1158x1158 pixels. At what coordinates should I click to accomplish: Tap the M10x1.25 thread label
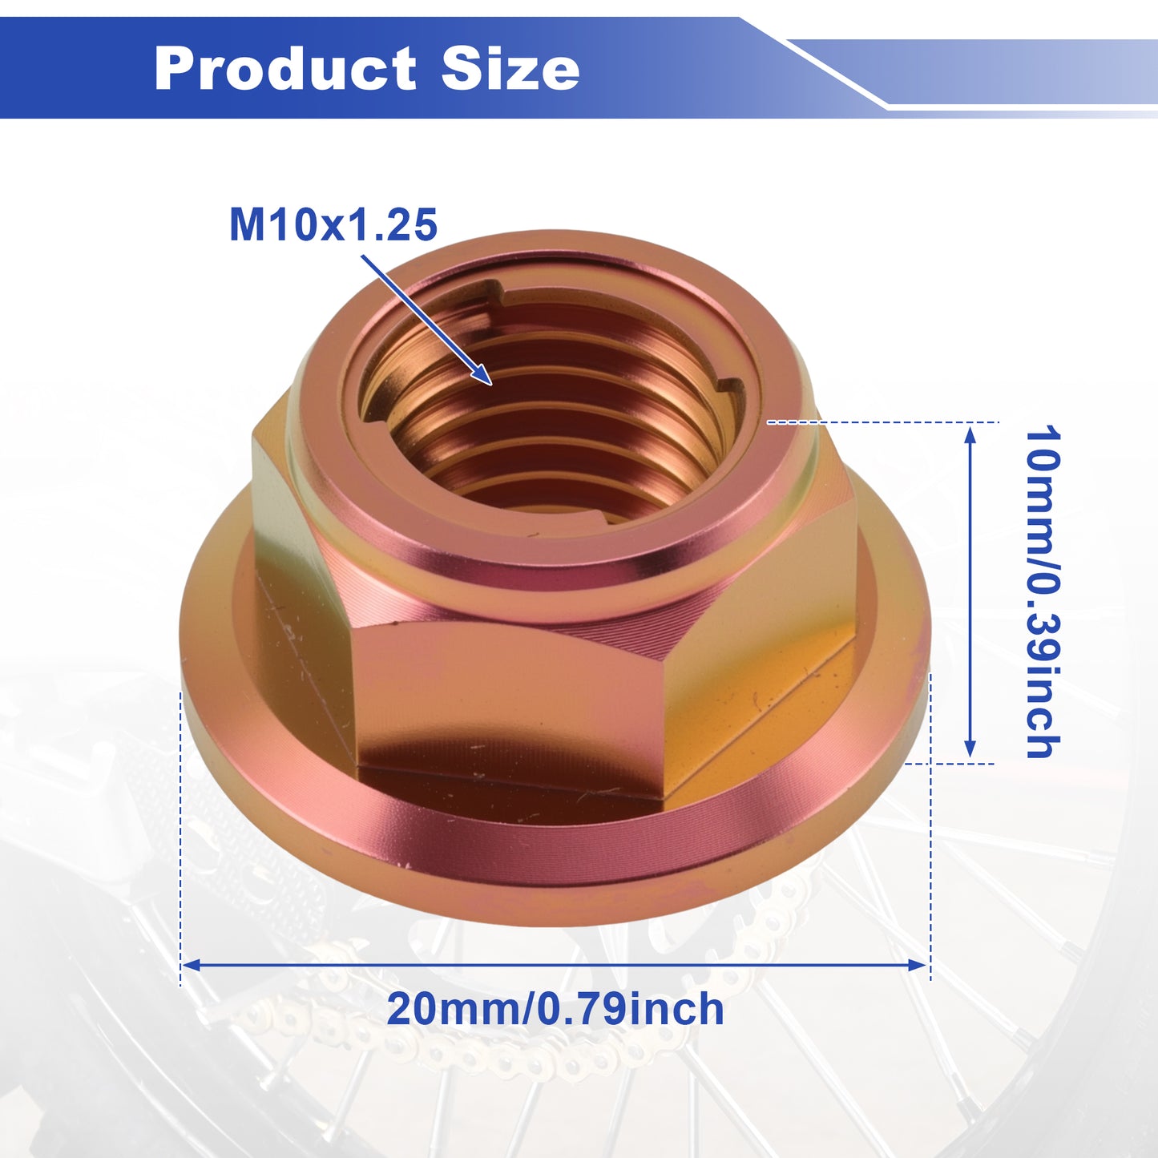(333, 225)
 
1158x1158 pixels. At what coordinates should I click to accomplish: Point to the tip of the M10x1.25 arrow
(492, 384)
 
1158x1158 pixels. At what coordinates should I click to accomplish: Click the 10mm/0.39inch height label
(1043, 592)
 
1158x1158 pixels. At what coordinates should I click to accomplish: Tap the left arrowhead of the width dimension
(191, 965)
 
